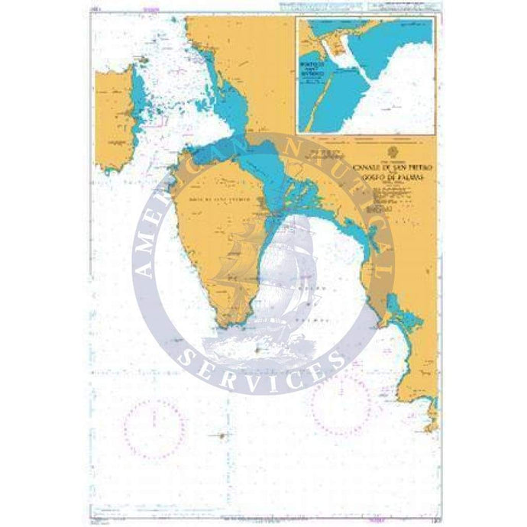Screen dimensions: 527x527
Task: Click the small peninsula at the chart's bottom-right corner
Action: pyautogui.click(x=432, y=416)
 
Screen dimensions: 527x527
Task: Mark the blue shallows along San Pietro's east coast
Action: pyautogui.click(x=139, y=99)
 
